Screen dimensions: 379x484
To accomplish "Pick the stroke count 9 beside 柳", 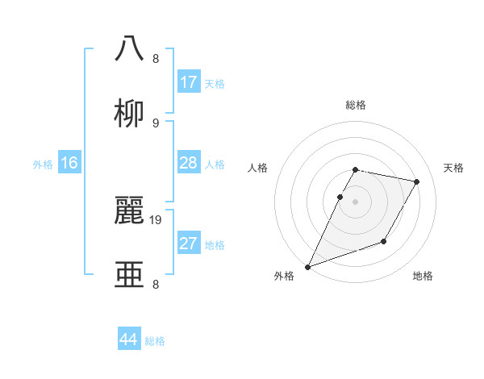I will point(156,123).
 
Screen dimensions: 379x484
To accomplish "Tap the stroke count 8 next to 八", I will point(156,59).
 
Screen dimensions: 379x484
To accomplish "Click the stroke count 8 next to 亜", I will point(156,285).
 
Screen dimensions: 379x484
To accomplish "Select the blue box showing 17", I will point(189,82).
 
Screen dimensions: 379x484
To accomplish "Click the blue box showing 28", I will point(189,163).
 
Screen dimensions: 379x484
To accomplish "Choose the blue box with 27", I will point(189,244).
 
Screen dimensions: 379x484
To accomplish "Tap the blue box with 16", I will point(69,163).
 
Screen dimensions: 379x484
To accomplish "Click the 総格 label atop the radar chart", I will point(356,105).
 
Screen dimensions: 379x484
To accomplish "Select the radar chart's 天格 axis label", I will point(453,168).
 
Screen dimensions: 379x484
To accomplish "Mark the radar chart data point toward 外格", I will point(307,267).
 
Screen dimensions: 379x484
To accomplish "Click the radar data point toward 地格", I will point(384,241).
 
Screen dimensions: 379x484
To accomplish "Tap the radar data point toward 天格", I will point(417,182).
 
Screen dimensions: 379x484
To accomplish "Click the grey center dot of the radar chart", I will point(356,202).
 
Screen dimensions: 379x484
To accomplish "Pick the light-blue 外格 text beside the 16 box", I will point(43,164).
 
